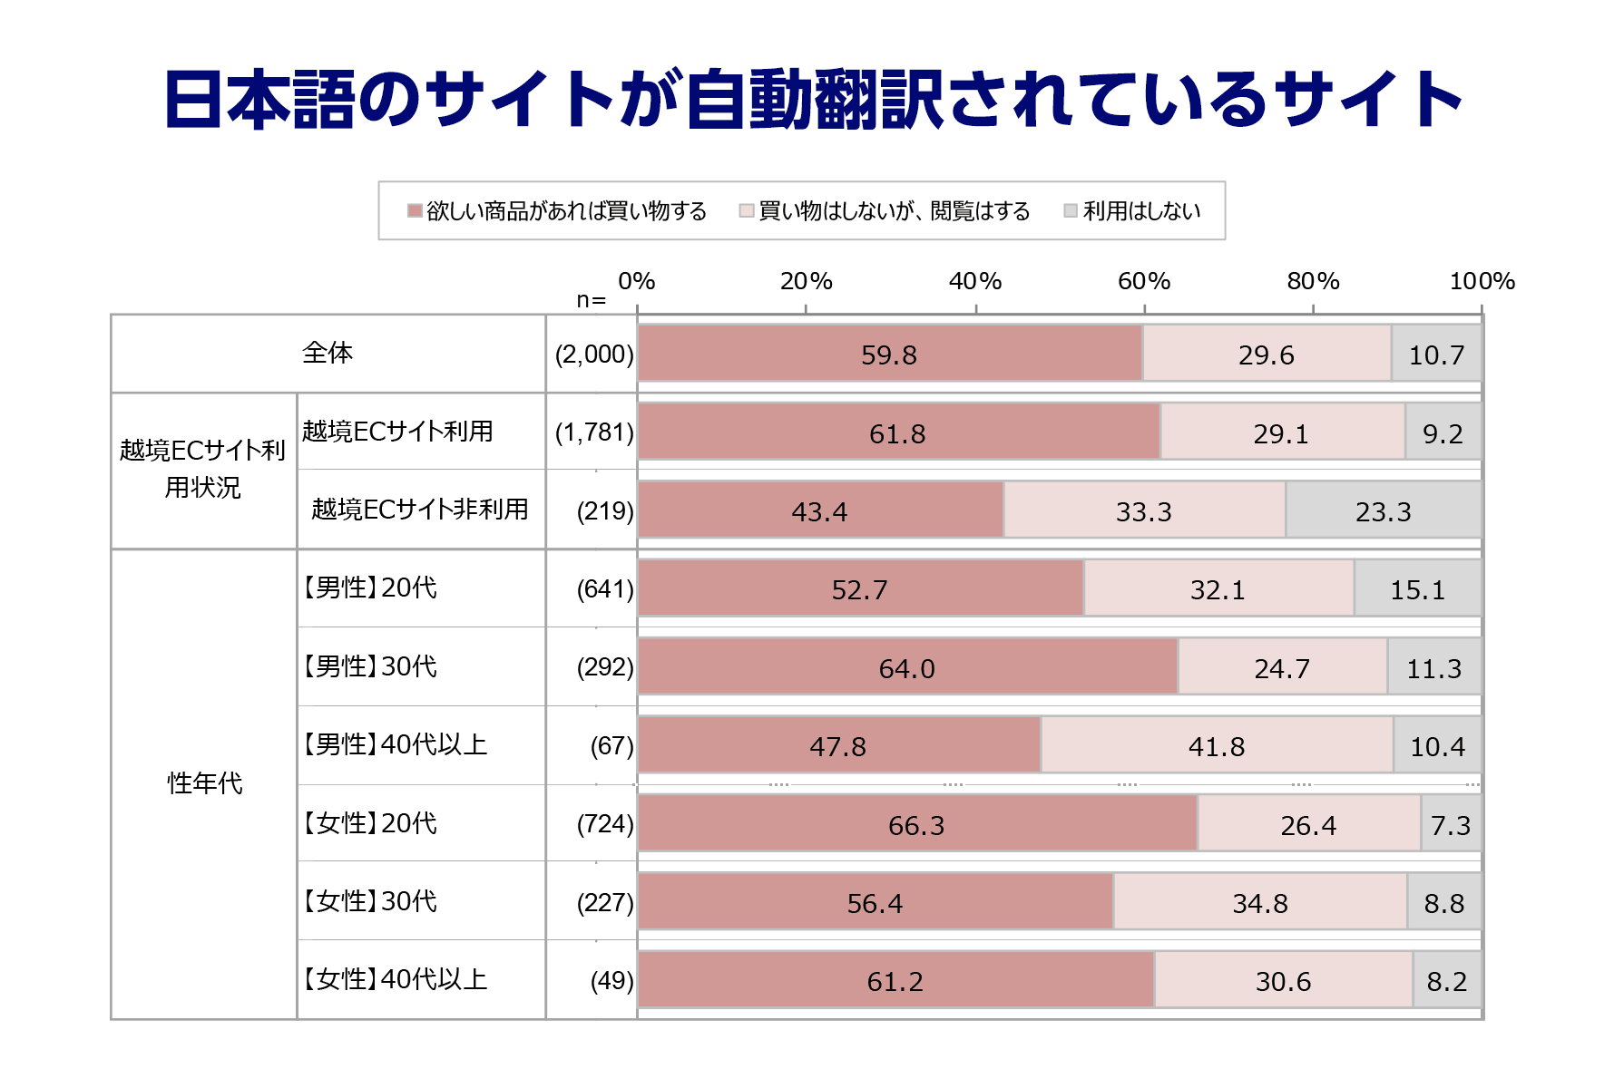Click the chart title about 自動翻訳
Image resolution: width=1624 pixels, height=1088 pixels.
(x=812, y=100)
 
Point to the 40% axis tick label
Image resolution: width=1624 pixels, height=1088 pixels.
(x=974, y=281)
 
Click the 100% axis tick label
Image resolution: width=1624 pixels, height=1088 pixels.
(x=1482, y=281)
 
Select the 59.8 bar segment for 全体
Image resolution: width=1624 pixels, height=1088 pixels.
(x=889, y=354)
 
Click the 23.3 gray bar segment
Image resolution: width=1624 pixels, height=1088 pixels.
(x=1383, y=510)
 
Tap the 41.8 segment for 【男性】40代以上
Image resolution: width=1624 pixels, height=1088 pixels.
(x=1217, y=745)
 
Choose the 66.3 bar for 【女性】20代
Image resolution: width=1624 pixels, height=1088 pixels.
(x=916, y=824)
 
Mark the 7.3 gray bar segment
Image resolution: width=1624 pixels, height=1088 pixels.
(x=1450, y=824)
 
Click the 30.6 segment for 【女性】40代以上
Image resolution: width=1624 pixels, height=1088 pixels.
(x=1283, y=980)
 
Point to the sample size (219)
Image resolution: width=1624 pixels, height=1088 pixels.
(x=605, y=510)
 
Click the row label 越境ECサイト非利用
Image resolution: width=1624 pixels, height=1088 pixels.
(x=419, y=510)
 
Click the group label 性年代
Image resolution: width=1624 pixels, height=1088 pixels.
(x=205, y=783)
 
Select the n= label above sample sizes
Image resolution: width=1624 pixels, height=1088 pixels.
(x=591, y=300)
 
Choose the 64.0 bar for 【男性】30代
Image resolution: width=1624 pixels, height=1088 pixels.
(x=907, y=667)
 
